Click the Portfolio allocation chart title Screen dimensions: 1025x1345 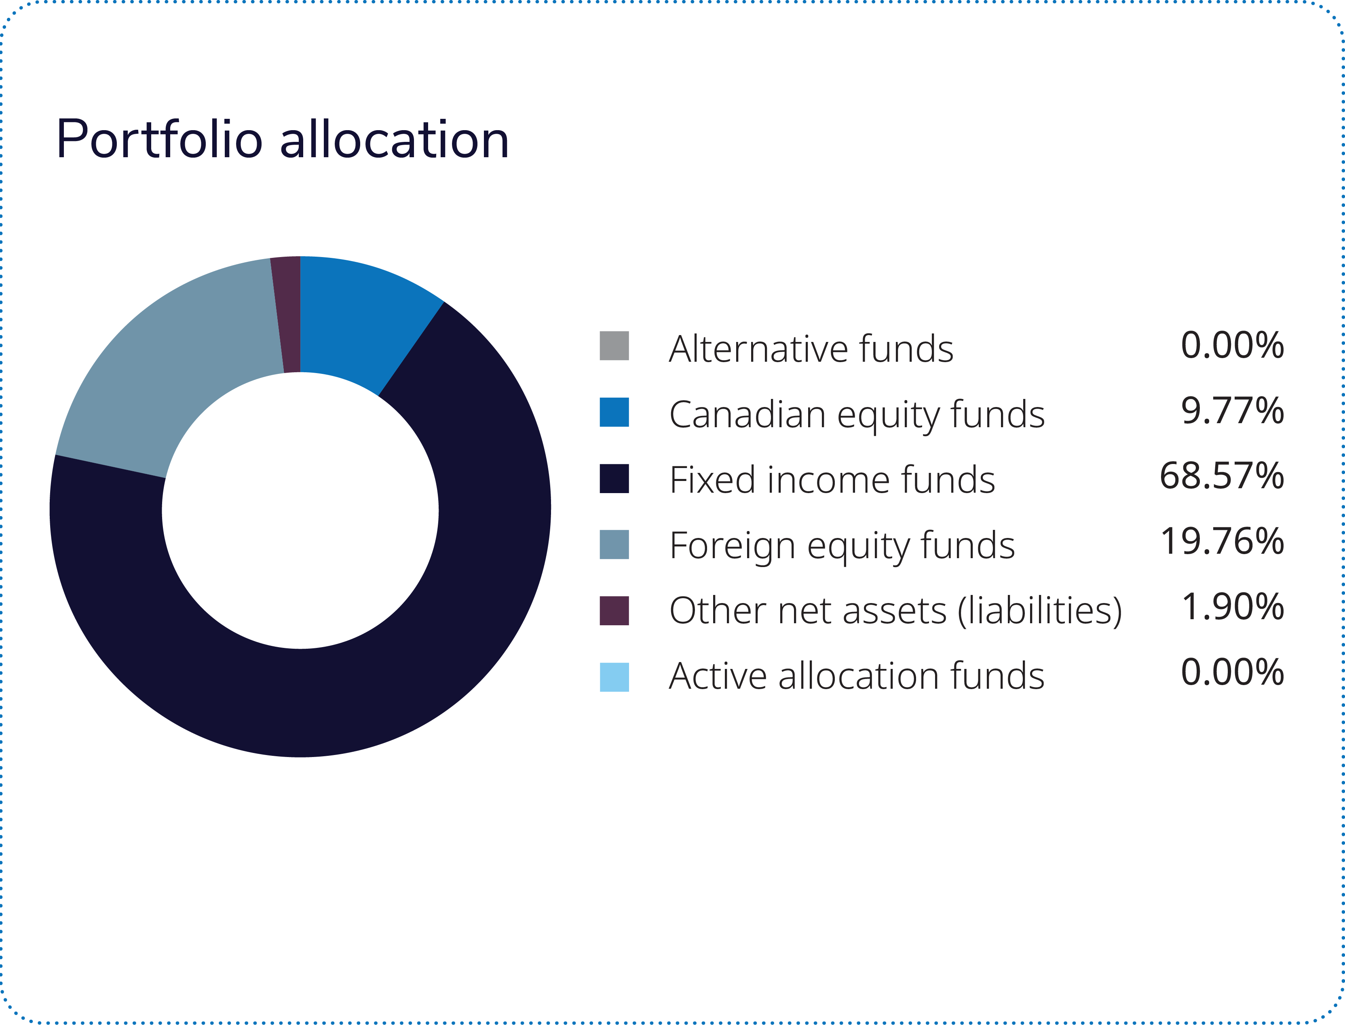pos(282,140)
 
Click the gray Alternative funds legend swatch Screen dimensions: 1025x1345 pos(614,346)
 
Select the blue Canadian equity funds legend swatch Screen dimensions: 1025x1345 pos(614,412)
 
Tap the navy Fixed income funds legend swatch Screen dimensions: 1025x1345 pos(614,478)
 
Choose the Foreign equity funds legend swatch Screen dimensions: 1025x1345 pos(614,544)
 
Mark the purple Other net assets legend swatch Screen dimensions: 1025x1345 pos(614,611)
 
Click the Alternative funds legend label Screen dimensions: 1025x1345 pos(811,348)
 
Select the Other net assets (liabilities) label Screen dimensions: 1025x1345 pos(895,611)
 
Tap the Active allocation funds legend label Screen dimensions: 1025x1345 pos(856,676)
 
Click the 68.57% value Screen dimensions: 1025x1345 pos(1221,476)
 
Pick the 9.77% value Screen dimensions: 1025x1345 pos(1232,411)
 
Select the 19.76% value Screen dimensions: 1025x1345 pos(1222,541)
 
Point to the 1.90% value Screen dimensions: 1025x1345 pos(1232,607)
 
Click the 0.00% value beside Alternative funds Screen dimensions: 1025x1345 pos(1232,345)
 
